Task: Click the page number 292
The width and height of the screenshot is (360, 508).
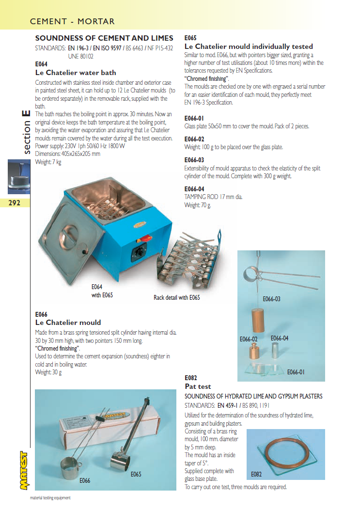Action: tap(15, 203)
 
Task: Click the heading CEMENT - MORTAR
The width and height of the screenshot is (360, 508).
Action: tap(72, 21)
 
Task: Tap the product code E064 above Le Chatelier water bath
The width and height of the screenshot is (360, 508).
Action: tap(42, 63)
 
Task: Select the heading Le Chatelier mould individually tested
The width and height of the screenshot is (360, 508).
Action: tap(249, 46)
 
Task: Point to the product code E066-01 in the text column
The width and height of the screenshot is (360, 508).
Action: tap(194, 118)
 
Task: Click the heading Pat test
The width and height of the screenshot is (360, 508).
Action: tap(198, 386)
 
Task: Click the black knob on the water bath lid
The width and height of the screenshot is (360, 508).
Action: tap(84, 252)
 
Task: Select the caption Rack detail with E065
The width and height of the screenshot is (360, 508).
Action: tap(176, 297)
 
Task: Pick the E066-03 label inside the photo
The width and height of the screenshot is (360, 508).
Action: tap(271, 299)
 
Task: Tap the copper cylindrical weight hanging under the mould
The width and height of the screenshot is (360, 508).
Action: tap(256, 322)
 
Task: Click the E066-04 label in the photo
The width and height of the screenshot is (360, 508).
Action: tap(280, 338)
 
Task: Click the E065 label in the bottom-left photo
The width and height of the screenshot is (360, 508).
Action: tap(136, 474)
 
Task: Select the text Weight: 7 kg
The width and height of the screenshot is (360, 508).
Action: tap(48, 162)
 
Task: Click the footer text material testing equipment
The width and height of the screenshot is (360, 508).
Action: tap(50, 498)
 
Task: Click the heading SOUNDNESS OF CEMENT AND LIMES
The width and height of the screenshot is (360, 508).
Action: tap(104, 38)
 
